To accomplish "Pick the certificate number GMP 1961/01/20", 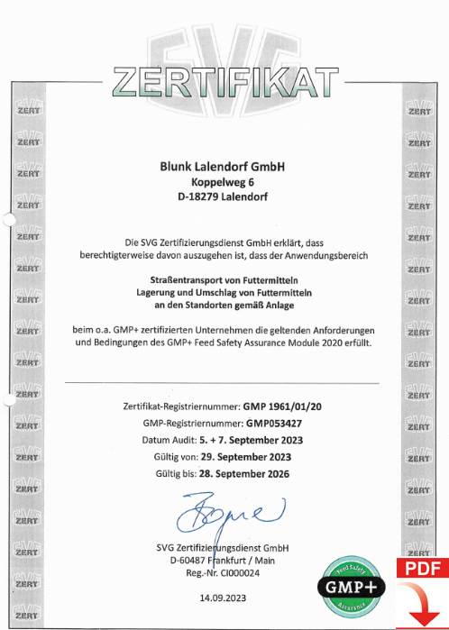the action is (270, 407).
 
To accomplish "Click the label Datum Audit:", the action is (174, 440).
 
